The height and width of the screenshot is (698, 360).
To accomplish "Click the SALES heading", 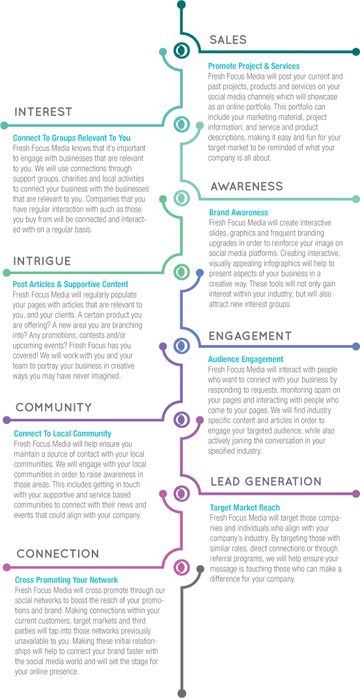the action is click(228, 40).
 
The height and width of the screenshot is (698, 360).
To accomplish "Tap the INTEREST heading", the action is click(43, 112).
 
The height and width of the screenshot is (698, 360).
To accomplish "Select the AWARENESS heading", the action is click(247, 186).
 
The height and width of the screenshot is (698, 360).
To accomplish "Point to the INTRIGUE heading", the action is click(42, 261).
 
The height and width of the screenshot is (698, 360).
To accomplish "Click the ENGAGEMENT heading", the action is click(250, 335).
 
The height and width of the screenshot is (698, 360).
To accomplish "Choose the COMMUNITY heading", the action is click(54, 408).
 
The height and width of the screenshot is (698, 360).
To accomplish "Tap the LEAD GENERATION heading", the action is click(266, 481).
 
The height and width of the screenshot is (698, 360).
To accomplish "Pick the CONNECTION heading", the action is click(58, 554).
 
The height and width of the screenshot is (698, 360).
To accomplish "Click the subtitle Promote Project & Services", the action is click(254, 66).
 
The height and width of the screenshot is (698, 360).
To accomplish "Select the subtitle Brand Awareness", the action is click(238, 213).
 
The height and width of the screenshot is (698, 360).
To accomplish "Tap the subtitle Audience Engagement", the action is click(245, 359).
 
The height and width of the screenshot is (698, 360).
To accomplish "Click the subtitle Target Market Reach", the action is click(245, 507).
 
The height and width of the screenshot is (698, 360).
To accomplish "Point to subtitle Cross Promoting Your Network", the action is click(66, 579).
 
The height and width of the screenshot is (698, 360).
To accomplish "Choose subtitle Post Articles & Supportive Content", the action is click(70, 284).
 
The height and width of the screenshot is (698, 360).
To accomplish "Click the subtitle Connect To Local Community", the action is click(62, 433).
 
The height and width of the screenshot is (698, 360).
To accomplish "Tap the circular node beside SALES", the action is click(181, 50).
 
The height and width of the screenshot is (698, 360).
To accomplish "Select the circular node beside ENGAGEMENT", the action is click(181, 345).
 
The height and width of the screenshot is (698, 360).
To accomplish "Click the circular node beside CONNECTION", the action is click(181, 566).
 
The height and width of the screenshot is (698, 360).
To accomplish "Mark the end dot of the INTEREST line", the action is click(4, 125).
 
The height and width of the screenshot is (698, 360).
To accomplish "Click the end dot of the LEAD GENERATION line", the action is click(355, 494).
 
